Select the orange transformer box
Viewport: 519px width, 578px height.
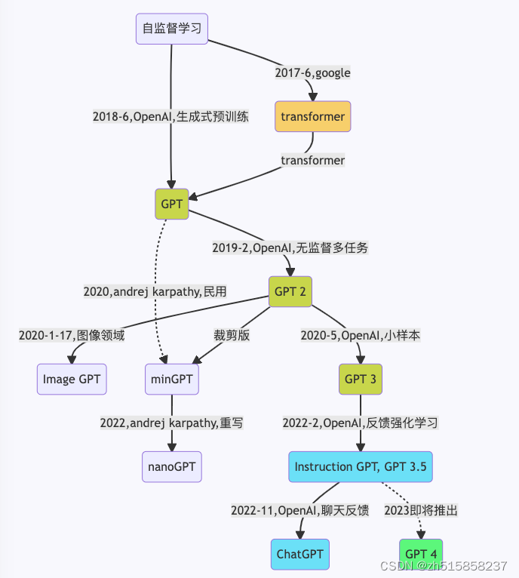tap(312, 116)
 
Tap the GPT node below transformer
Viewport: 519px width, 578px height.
tap(171, 204)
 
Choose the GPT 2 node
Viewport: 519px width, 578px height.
tap(290, 291)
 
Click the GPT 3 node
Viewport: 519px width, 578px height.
tap(360, 378)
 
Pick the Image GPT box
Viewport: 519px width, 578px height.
tap(72, 379)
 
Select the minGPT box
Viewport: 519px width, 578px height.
tap(171, 379)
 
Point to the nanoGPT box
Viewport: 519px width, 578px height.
tap(171, 466)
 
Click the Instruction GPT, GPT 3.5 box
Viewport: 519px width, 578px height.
tap(361, 466)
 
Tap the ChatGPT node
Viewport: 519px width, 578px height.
tap(299, 554)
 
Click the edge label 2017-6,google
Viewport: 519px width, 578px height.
tap(312, 73)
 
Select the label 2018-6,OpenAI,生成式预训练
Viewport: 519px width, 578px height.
tap(170, 117)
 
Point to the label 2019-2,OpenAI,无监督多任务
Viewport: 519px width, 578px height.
tap(290, 247)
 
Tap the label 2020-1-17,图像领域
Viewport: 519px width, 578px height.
tap(72, 335)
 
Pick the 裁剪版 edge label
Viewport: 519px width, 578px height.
tap(232, 335)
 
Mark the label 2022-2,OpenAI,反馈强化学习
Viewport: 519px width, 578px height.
tap(360, 423)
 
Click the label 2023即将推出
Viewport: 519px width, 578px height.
tap(421, 510)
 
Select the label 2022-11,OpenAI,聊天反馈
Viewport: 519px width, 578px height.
tap(299, 510)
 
